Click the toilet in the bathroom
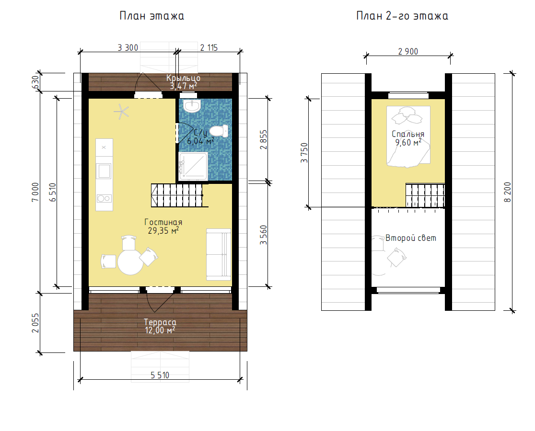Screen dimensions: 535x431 click(x=219, y=131)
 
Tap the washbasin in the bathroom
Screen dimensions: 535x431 click(x=192, y=106)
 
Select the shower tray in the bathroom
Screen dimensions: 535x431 click(x=193, y=166)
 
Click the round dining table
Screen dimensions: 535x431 click(x=130, y=262)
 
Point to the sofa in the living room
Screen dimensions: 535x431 click(x=219, y=254)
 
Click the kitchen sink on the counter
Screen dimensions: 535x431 click(x=104, y=171)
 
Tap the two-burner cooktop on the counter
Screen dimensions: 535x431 click(x=104, y=198)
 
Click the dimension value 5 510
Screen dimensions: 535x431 click(x=160, y=375)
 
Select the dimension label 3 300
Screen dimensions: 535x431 click(x=128, y=48)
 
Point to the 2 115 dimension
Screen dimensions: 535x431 click(x=209, y=48)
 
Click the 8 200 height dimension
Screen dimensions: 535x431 click(x=508, y=192)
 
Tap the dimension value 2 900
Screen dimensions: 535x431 click(x=408, y=51)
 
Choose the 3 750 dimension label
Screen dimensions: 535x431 click(x=304, y=153)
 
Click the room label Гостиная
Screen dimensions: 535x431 click(x=163, y=222)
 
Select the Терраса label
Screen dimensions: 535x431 click(x=160, y=322)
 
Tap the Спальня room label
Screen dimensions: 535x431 click(x=408, y=134)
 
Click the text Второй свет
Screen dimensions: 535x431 click(x=411, y=238)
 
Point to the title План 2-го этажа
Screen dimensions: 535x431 click(x=402, y=16)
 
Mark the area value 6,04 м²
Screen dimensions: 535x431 click(x=200, y=140)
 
